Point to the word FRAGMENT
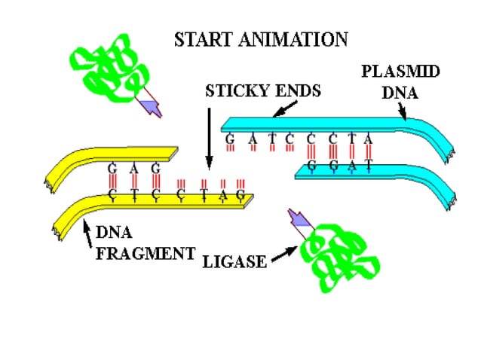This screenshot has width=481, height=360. pyautogui.click(x=146, y=253)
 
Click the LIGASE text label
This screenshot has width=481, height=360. pyautogui.click(x=234, y=261)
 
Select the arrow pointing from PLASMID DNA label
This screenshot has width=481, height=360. pyautogui.click(x=401, y=112)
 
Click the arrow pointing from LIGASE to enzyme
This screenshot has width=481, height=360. pyautogui.click(x=283, y=257)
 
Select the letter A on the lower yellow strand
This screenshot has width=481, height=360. pyautogui.click(x=222, y=196)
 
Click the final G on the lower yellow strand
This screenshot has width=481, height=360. pyautogui.click(x=240, y=196)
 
